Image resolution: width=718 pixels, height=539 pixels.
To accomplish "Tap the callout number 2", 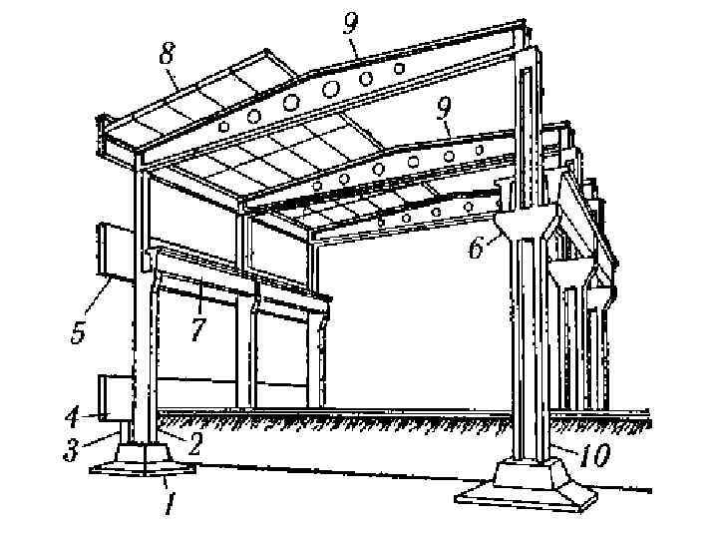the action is pos(195,443).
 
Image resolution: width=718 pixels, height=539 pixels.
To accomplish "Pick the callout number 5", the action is pos(79,330).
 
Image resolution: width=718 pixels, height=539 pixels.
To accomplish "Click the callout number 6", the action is pos(479,247).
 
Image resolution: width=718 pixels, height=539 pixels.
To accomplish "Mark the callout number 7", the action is pos(198,328).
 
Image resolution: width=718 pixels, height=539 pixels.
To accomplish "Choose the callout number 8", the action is pos(168,56).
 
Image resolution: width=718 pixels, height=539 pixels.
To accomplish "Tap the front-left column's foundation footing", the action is pos(142,462).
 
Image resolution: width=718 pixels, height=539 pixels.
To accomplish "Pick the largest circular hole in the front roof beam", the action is pos(292,102).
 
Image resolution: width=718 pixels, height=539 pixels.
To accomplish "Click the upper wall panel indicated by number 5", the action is pos(112,252).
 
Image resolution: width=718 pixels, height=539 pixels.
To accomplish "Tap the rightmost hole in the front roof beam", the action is pos(399,68).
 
